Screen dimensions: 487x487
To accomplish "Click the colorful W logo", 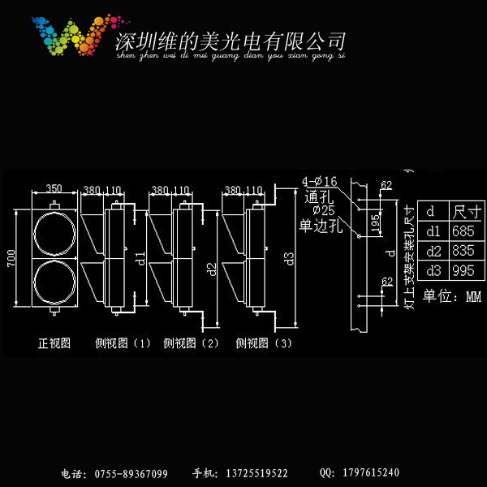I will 68,36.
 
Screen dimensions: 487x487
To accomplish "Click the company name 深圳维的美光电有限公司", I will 231,41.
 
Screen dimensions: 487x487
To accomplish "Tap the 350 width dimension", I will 54,188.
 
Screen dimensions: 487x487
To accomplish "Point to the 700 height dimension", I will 11,258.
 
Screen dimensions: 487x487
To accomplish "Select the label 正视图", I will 54,343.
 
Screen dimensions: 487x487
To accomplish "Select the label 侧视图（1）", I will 123,343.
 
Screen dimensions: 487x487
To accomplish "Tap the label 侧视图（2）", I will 192,343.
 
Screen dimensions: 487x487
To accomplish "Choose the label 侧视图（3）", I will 264,343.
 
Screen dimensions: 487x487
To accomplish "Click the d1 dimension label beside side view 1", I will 140,259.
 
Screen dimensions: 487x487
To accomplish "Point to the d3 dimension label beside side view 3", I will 290,259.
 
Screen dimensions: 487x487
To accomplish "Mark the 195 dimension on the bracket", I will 375,223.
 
